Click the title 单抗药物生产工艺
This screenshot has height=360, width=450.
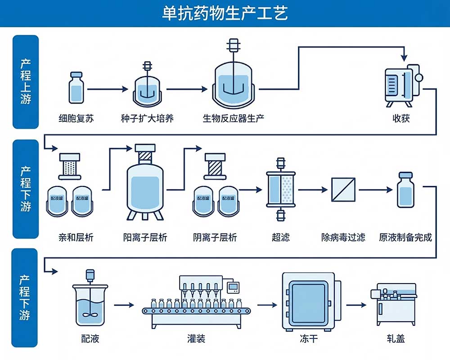pos(225,13)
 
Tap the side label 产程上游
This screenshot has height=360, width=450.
pos(26,81)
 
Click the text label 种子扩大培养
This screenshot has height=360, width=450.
pos(147,119)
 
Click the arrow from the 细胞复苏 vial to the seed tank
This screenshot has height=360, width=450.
pos(108,90)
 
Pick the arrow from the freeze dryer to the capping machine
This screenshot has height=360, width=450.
pos(356,305)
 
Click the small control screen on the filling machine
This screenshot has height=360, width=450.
pos(234,287)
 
